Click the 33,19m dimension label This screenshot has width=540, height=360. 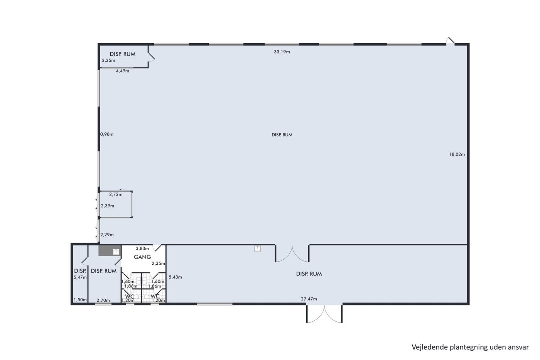click(x=282, y=52)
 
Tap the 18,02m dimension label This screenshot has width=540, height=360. click(x=457, y=154)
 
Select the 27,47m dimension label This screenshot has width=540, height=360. click(x=309, y=299)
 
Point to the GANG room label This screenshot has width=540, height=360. click(x=142, y=257)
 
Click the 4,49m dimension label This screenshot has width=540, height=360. click(x=123, y=71)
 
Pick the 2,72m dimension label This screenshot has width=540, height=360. click(x=116, y=194)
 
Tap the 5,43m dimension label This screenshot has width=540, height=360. click(x=175, y=277)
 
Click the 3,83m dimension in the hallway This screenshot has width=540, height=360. click(x=142, y=248)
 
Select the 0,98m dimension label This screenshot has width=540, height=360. click(x=107, y=134)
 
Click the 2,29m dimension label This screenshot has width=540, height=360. click(x=107, y=235)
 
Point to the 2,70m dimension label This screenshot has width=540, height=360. click(x=103, y=301)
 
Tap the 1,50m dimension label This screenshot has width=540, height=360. click(x=80, y=300)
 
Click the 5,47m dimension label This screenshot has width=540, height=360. click(x=80, y=277)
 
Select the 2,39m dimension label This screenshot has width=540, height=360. click(x=108, y=206)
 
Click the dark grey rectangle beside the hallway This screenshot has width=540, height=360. click(x=106, y=250)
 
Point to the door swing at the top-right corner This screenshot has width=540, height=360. click(x=451, y=41)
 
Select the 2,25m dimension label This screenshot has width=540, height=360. click(x=108, y=61)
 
